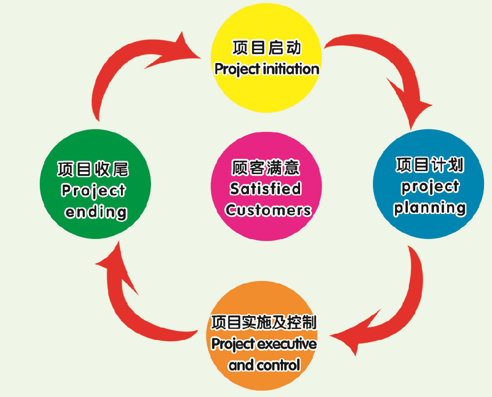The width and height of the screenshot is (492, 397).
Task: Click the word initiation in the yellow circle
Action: [291, 69]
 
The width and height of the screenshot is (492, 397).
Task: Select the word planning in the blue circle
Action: [430, 208]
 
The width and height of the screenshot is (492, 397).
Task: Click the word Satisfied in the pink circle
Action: [266, 189]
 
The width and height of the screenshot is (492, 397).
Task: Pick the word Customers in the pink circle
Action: [268, 211]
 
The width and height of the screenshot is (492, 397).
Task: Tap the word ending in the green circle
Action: [96, 212]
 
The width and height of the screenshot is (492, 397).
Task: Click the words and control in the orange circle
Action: [264, 366]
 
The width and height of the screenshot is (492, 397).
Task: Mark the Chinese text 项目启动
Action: [267, 48]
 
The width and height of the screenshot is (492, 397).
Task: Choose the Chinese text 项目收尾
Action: [93, 169]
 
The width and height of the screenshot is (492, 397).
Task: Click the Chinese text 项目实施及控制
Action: [263, 323]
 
